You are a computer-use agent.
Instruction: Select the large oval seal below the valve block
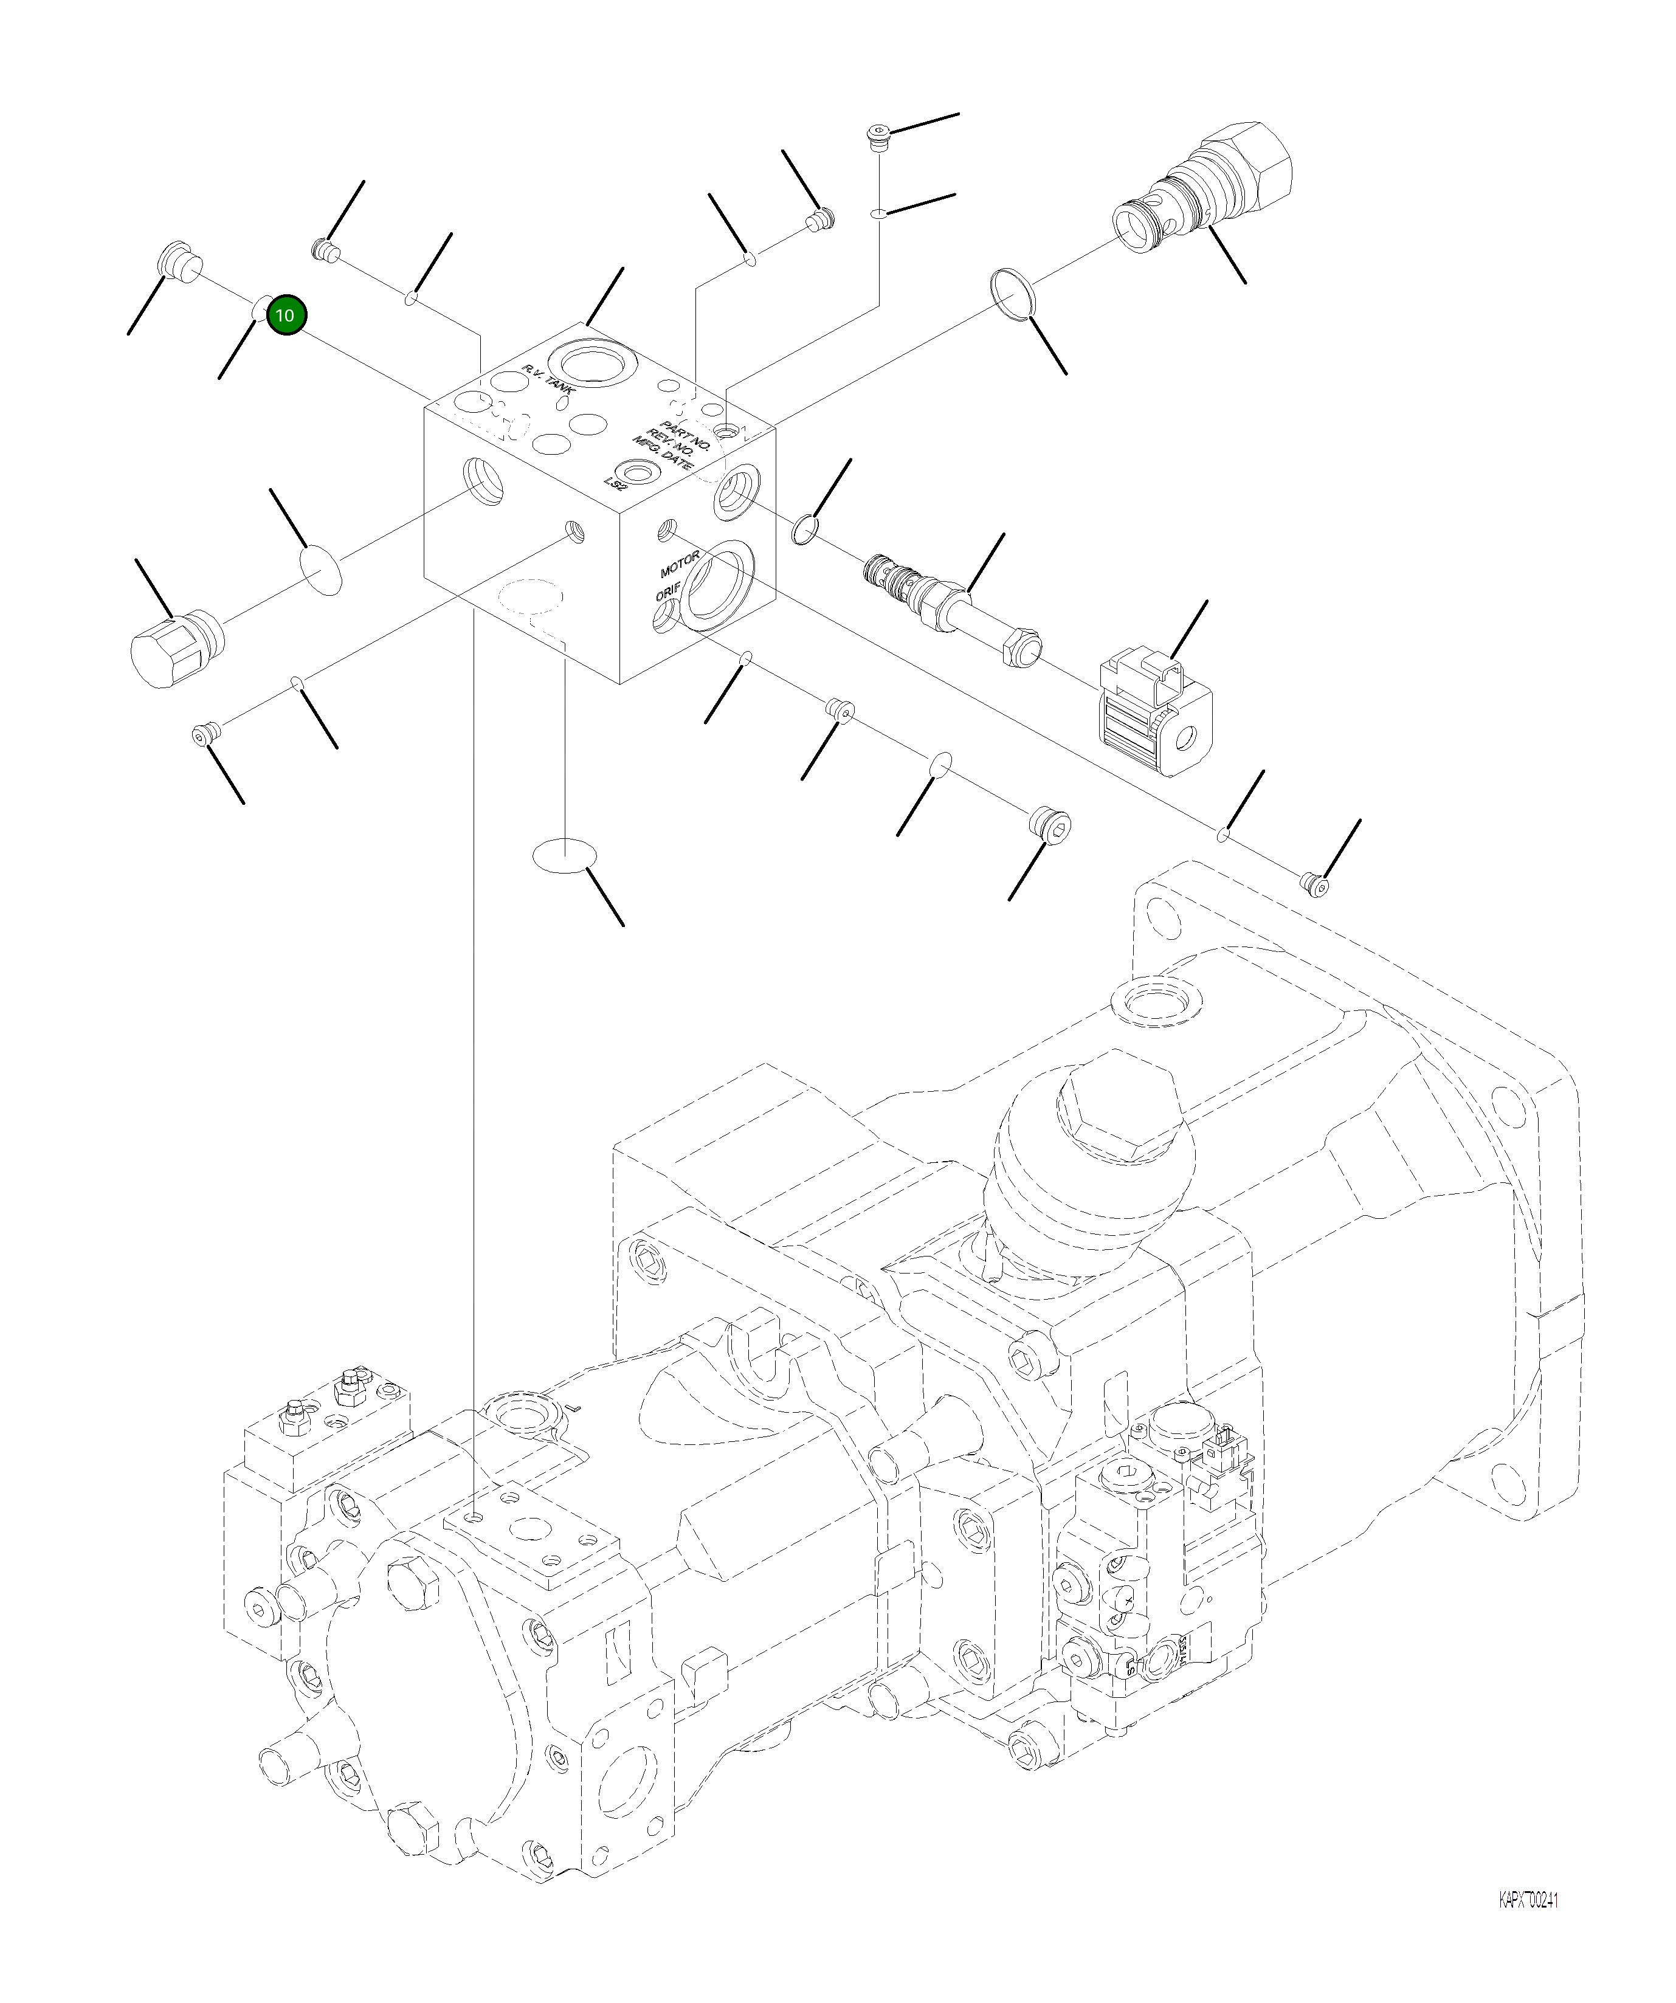[564, 855]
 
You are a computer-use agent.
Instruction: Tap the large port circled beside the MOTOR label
[720, 585]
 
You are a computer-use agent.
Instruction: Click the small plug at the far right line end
[1314, 883]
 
